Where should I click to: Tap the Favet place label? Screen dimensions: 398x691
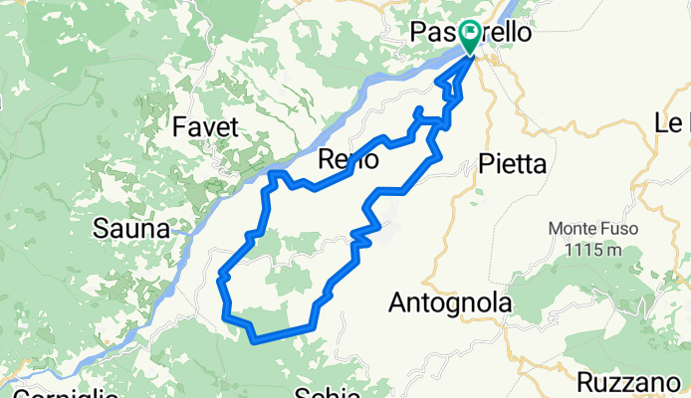(x=205, y=126)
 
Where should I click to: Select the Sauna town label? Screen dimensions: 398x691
(x=130, y=229)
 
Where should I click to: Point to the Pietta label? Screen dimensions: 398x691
(x=512, y=164)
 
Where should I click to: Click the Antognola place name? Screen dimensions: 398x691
(x=451, y=301)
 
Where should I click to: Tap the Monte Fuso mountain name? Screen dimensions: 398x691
(x=585, y=229)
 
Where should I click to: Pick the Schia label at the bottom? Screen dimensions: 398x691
(x=328, y=391)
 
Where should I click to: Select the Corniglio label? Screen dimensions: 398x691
(x=60, y=393)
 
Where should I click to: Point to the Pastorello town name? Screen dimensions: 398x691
(x=471, y=33)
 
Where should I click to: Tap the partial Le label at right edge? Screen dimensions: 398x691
(x=672, y=123)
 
